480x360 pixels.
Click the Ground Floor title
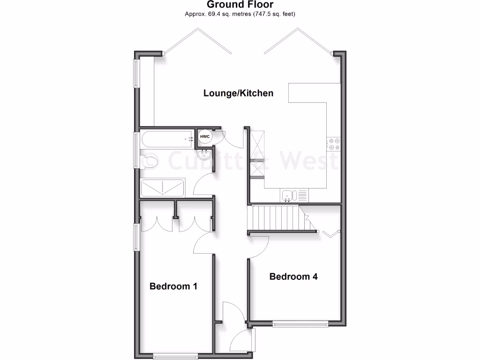240,5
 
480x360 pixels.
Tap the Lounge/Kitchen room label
238,93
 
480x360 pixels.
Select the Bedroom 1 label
173,286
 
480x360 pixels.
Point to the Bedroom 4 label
293,277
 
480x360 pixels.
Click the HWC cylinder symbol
205,136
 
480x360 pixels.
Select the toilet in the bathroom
149,161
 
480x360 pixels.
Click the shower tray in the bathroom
162,188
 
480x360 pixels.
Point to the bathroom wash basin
205,154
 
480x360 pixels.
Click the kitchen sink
288,195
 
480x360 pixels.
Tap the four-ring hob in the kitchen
333,144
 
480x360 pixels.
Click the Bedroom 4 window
300,323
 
